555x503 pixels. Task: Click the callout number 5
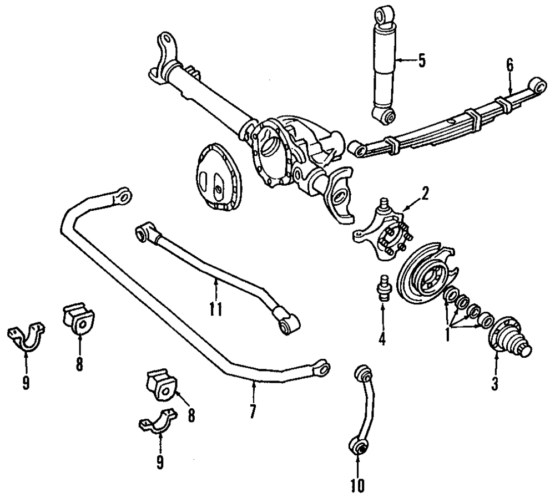point(422,60)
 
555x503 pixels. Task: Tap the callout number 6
point(509,65)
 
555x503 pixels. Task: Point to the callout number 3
point(495,383)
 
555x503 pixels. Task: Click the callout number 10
point(358,486)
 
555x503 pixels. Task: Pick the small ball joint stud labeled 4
point(382,287)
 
